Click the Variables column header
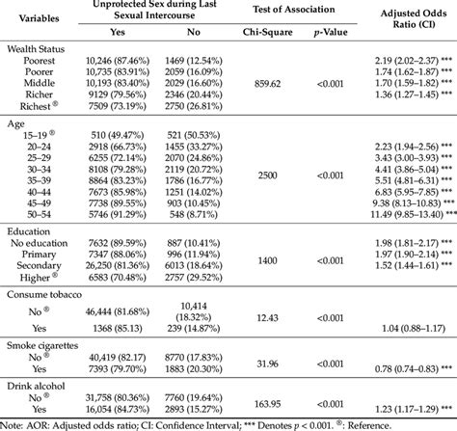[x=36, y=16]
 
